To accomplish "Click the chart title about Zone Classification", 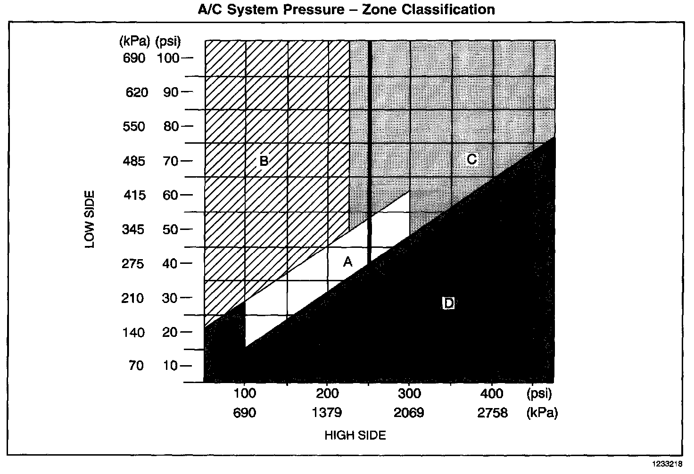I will coord(347,9).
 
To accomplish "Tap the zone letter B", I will coord(264,161).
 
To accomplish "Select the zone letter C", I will coord(471,159).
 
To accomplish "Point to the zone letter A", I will coord(347,262).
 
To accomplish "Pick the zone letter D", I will coord(448,303).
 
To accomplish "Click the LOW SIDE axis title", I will coord(90,219).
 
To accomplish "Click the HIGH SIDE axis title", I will coord(355,436).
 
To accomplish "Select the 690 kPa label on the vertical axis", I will coord(134,58).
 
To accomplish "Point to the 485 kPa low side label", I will coord(135,161).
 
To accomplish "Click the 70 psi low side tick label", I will coord(171,161).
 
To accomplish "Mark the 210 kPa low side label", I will coord(132,298).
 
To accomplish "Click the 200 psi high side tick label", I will coord(327,393).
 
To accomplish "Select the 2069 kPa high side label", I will coord(409,413).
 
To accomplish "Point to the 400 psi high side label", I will coord(492,393).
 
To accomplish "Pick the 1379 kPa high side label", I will coord(327,413).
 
